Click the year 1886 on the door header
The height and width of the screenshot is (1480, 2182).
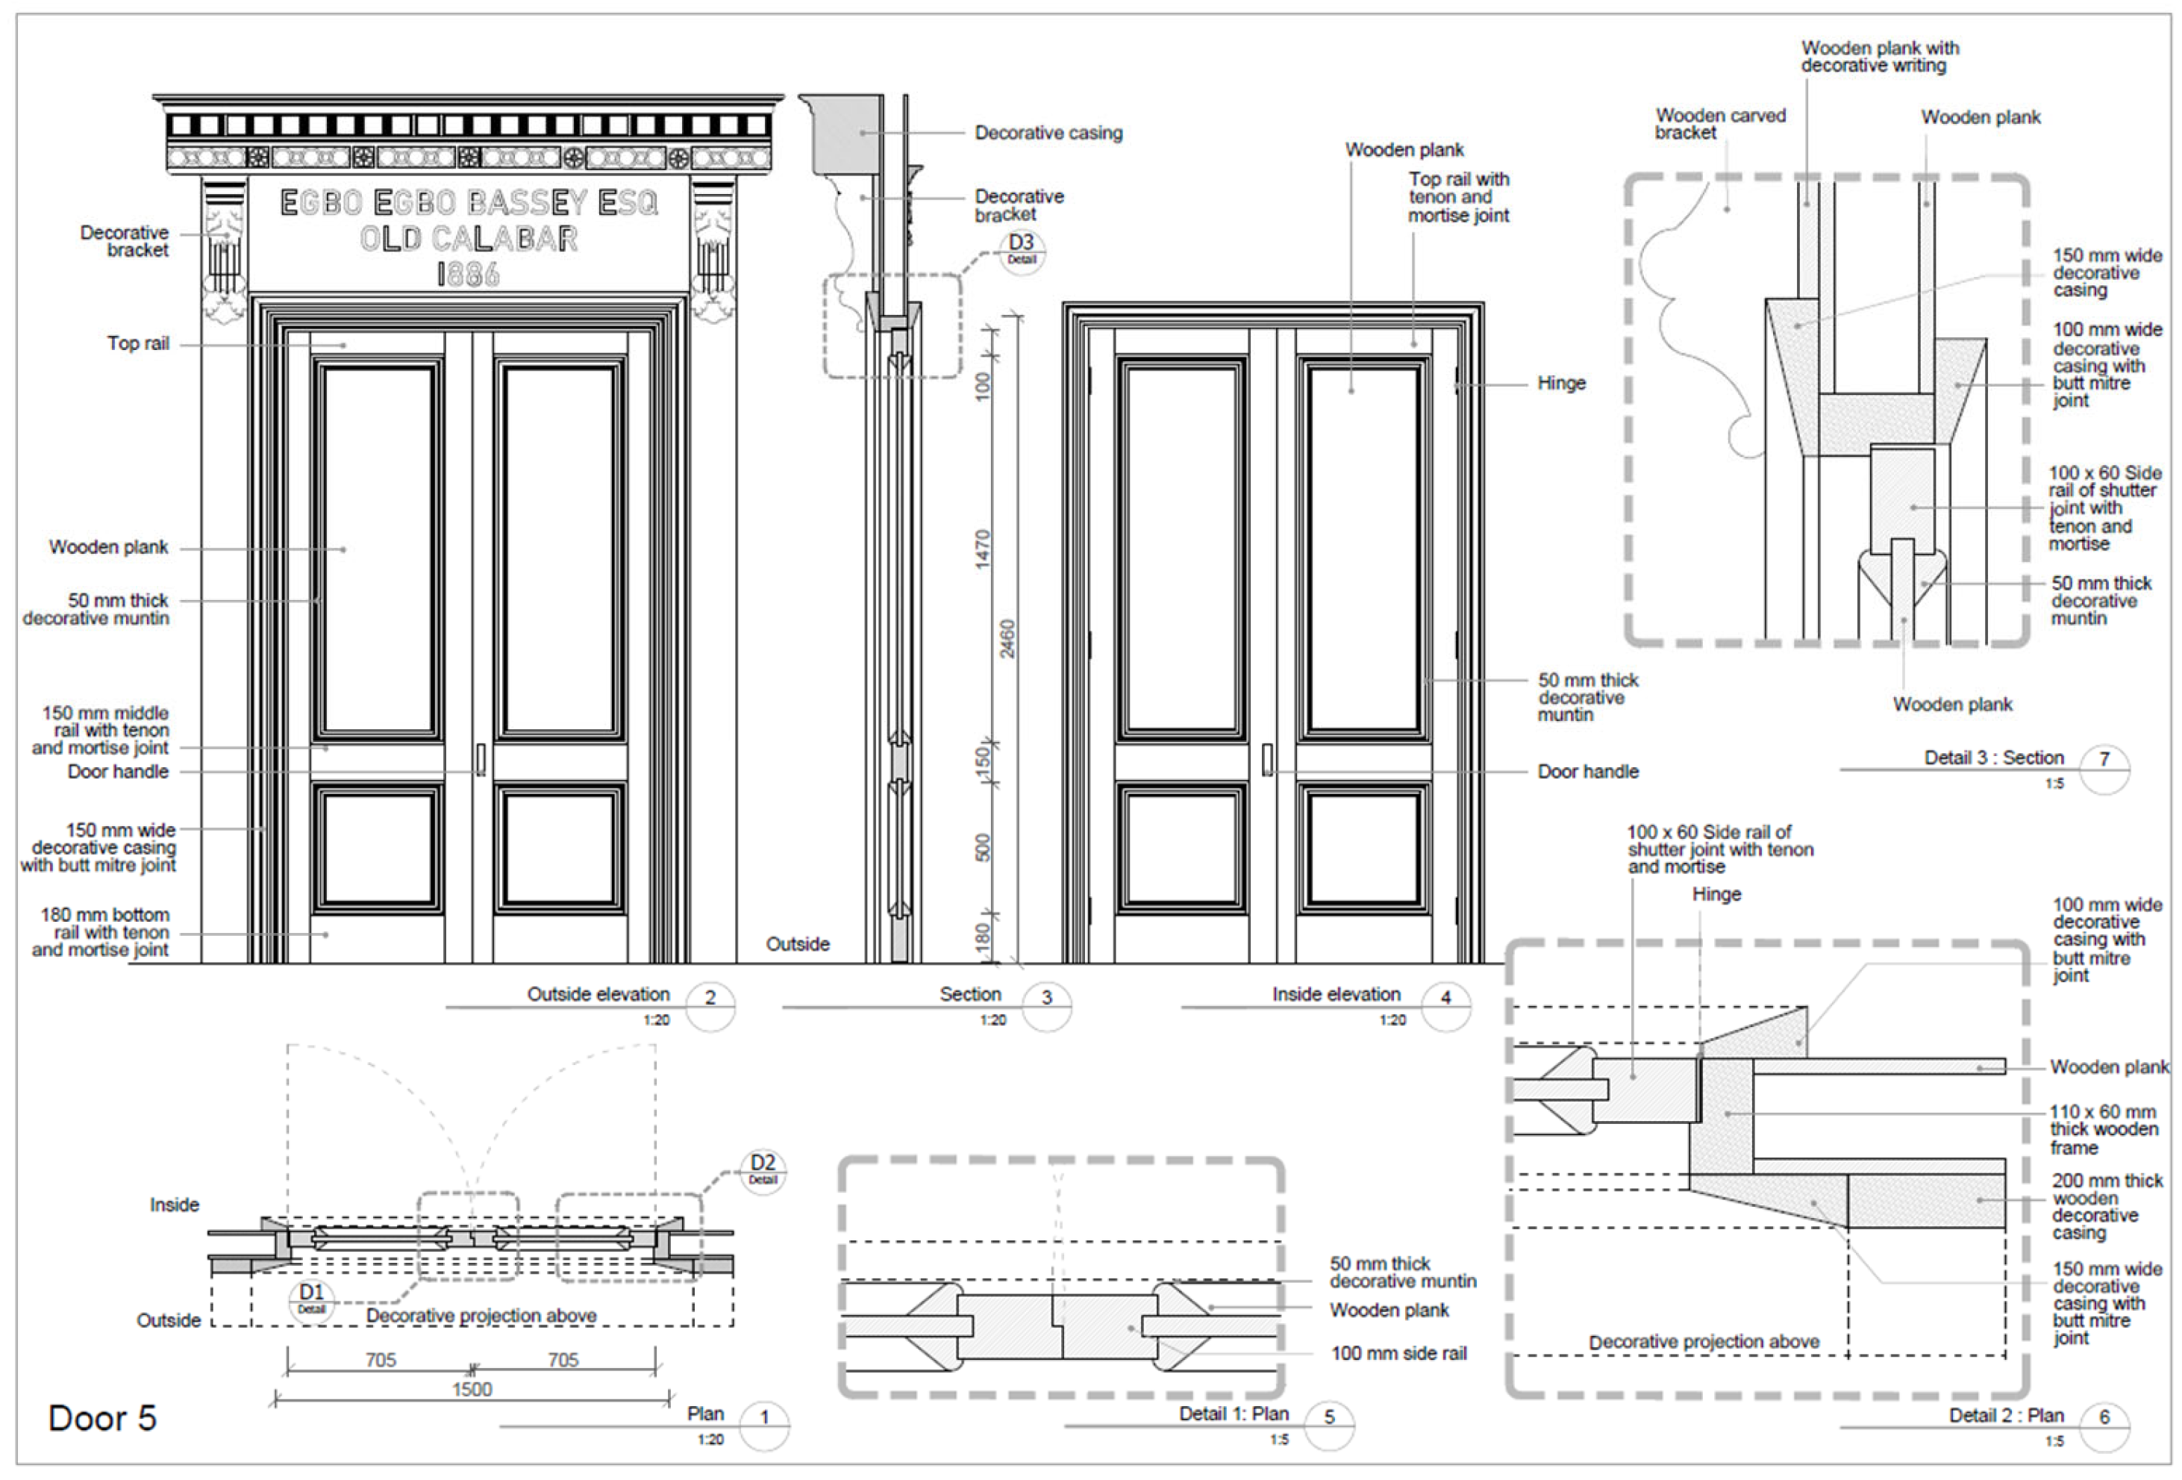pyautogui.click(x=468, y=274)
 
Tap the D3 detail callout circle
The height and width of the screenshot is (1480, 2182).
pyautogui.click(x=1022, y=250)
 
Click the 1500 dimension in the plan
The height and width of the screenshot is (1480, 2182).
pyautogui.click(x=472, y=1389)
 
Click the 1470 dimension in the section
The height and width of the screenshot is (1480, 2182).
pyautogui.click(x=983, y=549)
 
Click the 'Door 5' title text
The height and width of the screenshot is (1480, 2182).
pyautogui.click(x=102, y=1418)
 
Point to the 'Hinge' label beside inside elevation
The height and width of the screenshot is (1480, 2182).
pyautogui.click(x=1561, y=383)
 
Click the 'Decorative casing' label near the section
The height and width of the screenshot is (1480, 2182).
pyautogui.click(x=1048, y=134)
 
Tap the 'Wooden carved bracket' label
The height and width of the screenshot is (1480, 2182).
pyautogui.click(x=1719, y=124)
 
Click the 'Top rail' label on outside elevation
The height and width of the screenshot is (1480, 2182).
pyautogui.click(x=138, y=344)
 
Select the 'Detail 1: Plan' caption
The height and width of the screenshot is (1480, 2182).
pyautogui.click(x=1234, y=1414)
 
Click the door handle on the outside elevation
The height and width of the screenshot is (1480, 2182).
pyautogui.click(x=481, y=759)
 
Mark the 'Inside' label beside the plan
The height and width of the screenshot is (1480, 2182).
pyautogui.click(x=174, y=1205)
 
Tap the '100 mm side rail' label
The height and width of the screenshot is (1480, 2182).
pyautogui.click(x=1398, y=1353)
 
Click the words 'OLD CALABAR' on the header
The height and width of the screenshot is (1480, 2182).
pyautogui.click(x=469, y=239)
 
